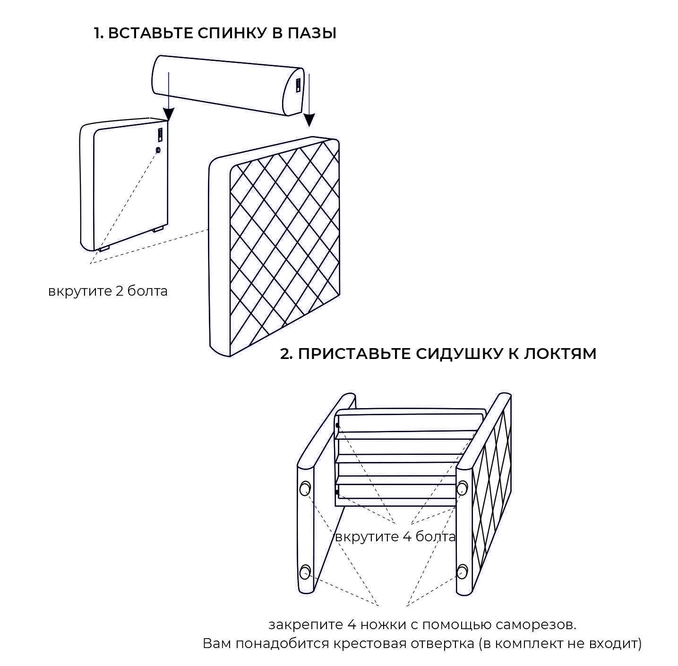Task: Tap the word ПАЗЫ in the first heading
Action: click(312, 33)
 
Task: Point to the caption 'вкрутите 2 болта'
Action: click(108, 291)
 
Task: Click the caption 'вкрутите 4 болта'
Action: click(395, 537)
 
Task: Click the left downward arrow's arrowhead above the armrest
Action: click(169, 114)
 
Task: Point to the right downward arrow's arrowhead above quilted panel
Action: click(309, 120)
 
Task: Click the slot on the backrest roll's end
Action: click(298, 85)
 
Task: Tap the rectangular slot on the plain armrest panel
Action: click(160, 135)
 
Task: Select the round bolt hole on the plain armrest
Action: click(158, 150)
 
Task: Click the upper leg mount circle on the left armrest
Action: click(305, 488)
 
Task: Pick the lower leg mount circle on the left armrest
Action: click(305, 572)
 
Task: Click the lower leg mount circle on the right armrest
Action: click(463, 572)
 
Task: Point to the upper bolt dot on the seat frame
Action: click(338, 426)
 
